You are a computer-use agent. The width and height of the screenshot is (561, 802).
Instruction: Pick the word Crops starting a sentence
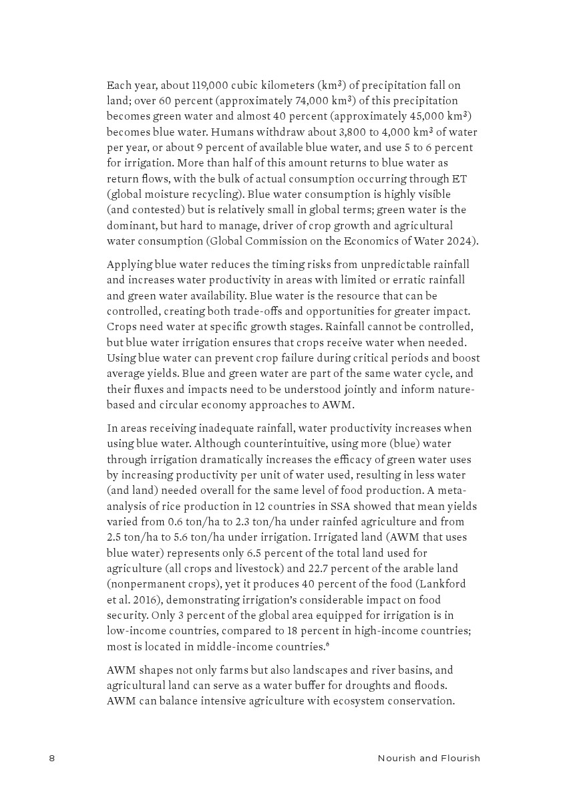(122, 327)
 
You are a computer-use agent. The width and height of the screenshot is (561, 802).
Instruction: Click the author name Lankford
(443, 584)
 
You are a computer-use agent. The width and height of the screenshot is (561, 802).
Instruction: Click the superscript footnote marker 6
(328, 645)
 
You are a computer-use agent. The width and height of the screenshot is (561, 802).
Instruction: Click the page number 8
(51, 758)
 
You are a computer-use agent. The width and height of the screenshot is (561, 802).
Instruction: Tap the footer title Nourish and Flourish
(429, 758)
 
